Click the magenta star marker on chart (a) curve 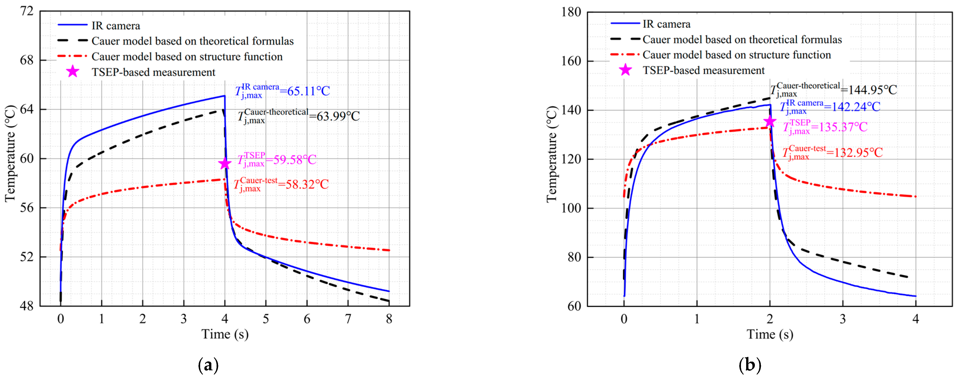click(225, 163)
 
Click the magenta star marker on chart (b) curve click(770, 121)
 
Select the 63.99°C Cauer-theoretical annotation click(299, 116)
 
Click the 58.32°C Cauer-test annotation click(281, 184)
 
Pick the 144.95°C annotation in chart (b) click(833, 90)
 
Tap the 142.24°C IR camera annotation click(830, 107)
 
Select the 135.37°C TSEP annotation click(825, 127)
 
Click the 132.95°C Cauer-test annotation click(832, 152)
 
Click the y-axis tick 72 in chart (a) click(27, 11)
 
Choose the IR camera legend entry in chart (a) click(116, 26)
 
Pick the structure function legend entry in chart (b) click(736, 55)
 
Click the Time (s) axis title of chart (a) click(225, 334)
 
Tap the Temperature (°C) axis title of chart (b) click(552, 154)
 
